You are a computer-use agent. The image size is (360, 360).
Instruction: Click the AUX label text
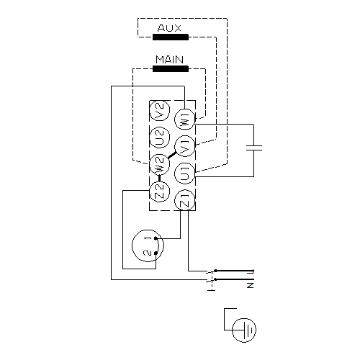pos(169,28)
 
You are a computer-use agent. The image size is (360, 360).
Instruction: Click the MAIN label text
pos(170,60)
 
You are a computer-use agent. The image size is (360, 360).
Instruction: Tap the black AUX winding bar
pos(171,37)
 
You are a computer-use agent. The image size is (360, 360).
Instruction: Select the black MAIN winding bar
pos(171,69)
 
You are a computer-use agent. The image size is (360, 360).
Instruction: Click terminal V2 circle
pos(160,111)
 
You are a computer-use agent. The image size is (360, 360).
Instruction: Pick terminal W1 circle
pos(184,119)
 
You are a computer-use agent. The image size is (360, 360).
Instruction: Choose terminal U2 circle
pos(160,138)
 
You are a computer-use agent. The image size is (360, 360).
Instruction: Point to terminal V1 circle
pos(184,146)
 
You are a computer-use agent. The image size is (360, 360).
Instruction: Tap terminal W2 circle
pos(160,165)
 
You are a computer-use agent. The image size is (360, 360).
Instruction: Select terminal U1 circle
pos(184,174)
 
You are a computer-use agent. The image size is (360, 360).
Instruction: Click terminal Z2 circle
pos(160,192)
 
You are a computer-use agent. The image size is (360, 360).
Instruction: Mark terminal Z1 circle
pos(184,200)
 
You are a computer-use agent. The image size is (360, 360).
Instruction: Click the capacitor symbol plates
pos(254,148)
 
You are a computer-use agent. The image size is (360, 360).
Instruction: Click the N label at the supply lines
pos(251,285)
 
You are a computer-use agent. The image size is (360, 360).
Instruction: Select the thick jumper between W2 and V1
pos(172,156)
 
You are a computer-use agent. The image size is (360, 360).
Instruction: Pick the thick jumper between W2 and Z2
pos(159,178)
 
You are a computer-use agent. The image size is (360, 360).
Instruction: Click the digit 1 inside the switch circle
pos(148,238)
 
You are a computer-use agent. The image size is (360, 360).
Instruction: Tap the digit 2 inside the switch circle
pos(148,253)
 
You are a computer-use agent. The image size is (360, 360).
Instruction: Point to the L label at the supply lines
pos(251,272)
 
